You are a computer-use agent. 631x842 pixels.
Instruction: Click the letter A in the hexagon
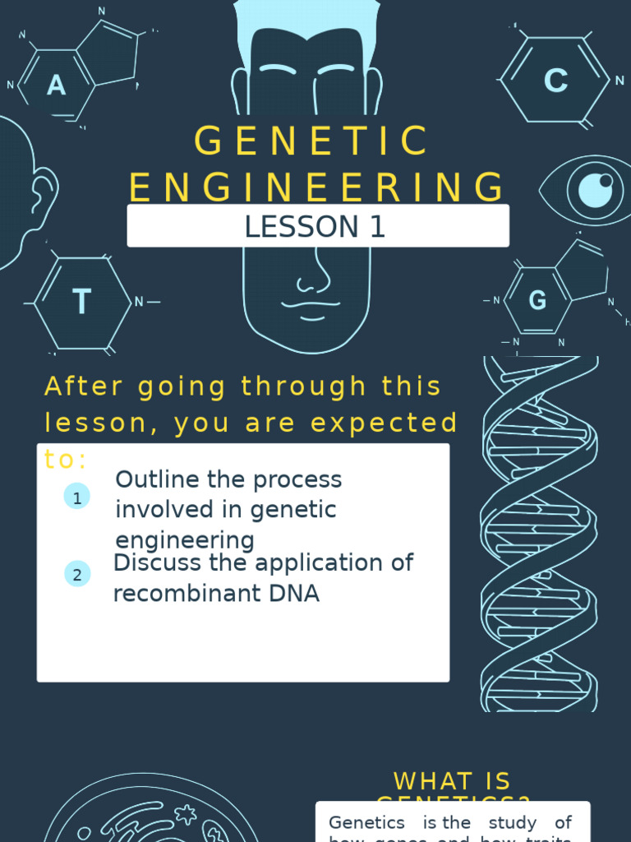pyautogui.click(x=56, y=85)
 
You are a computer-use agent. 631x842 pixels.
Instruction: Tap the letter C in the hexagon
pyautogui.click(x=556, y=81)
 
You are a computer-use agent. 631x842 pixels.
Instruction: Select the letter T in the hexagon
pyautogui.click(x=81, y=303)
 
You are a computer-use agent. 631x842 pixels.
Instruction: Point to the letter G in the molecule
pyautogui.click(x=537, y=301)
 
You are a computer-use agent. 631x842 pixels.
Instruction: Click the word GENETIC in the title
pyautogui.click(x=313, y=141)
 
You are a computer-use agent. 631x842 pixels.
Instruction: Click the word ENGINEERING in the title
pyautogui.click(x=317, y=187)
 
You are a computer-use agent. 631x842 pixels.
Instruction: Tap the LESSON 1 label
pyautogui.click(x=315, y=227)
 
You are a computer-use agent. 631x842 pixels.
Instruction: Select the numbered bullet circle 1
pyautogui.click(x=77, y=497)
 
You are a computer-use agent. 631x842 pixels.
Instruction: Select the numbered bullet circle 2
pyautogui.click(x=77, y=575)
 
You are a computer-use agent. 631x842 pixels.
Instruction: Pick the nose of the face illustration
pyautogui.click(x=313, y=280)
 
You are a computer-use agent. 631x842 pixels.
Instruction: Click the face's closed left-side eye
pyautogui.click(x=277, y=70)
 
